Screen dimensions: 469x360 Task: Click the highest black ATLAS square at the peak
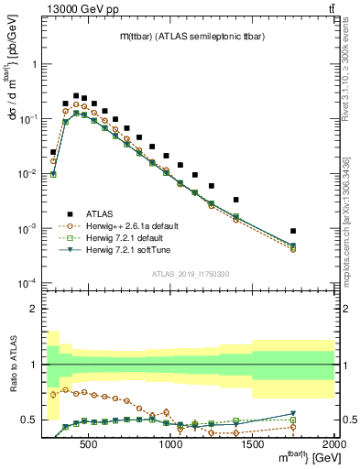tap(76, 94)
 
